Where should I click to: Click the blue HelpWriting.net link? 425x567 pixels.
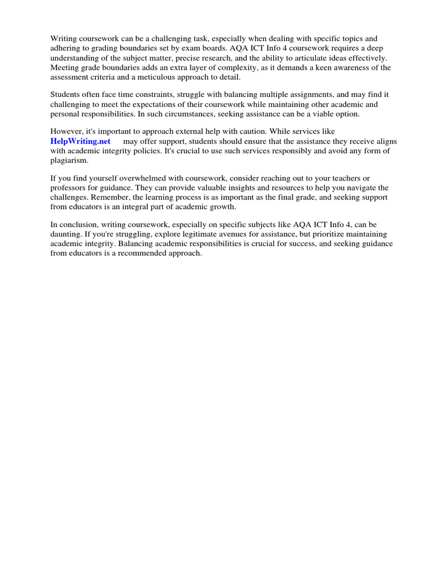pyautogui.click(x=80, y=141)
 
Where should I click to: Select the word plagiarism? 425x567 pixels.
pyautogui.click(x=69, y=161)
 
